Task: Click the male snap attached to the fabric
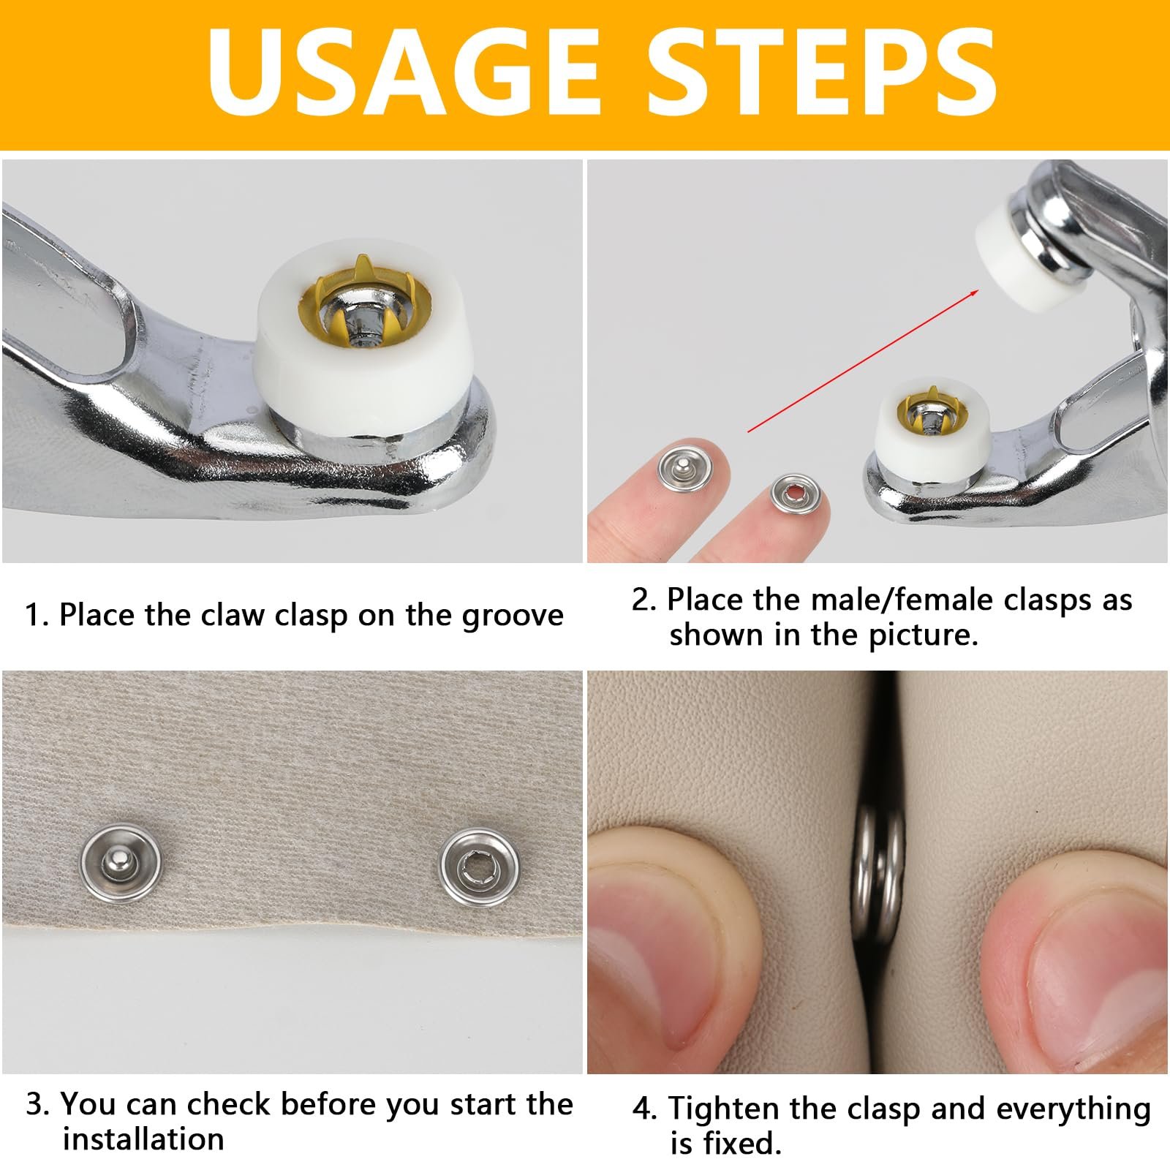point(120,863)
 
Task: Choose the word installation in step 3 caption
point(143,1139)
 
